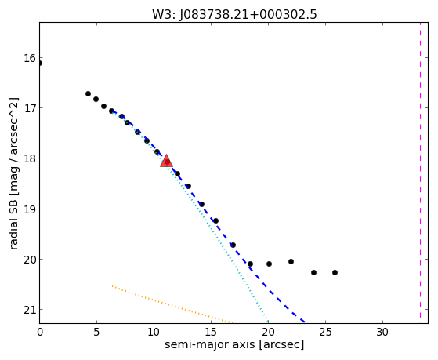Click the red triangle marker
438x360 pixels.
[166, 161]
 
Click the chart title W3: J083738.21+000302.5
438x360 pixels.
[234, 15]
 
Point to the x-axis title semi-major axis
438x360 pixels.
[209, 344]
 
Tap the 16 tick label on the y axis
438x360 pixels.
[30, 58]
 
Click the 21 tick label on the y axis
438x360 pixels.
[30, 310]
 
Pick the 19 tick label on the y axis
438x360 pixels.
[30, 209]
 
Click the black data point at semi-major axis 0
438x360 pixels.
[40, 64]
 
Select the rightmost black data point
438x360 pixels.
[335, 272]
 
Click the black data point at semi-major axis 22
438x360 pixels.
[291, 261]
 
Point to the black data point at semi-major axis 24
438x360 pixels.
[313, 272]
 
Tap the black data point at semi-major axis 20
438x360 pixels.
[269, 264]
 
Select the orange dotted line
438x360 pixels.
[172, 305]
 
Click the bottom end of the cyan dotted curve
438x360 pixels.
[268, 322]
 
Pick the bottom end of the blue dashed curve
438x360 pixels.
[304, 322]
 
